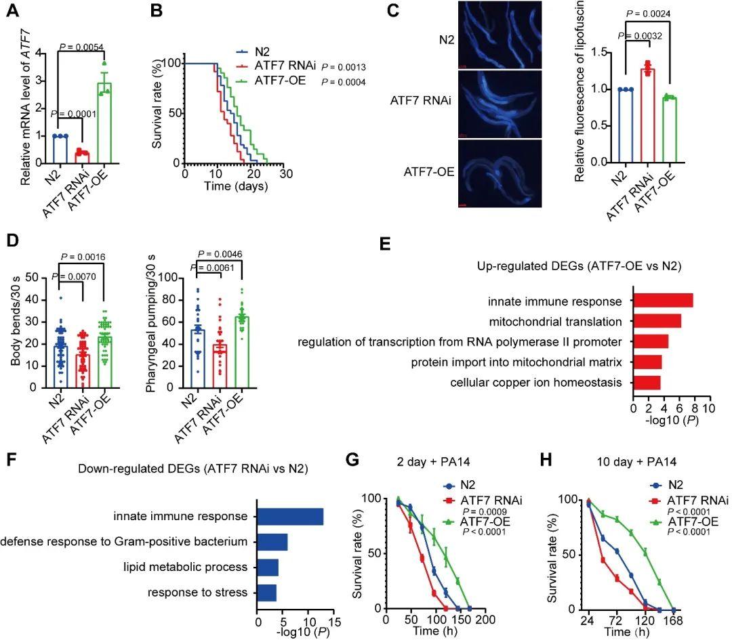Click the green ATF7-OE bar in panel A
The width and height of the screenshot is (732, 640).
tap(104, 123)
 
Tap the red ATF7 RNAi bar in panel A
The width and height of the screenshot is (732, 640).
tap(82, 158)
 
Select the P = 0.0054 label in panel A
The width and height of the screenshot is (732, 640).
tap(82, 47)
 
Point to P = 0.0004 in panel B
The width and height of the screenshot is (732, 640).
tap(344, 82)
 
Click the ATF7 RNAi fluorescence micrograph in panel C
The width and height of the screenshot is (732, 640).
tap(500, 104)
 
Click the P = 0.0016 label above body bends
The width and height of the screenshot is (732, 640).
tap(83, 257)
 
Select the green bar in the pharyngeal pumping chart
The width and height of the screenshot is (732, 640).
tap(242, 352)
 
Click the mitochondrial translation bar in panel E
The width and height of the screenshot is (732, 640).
tap(657, 321)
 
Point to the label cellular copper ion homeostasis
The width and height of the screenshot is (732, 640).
tap(536, 383)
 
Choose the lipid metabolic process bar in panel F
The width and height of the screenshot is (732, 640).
tap(268, 568)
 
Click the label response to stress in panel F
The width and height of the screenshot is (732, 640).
tap(197, 592)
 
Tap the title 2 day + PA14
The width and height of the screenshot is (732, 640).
tap(433, 462)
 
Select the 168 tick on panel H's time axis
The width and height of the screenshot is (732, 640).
tap(673, 621)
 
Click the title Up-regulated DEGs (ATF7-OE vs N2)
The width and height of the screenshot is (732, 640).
tap(579, 266)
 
